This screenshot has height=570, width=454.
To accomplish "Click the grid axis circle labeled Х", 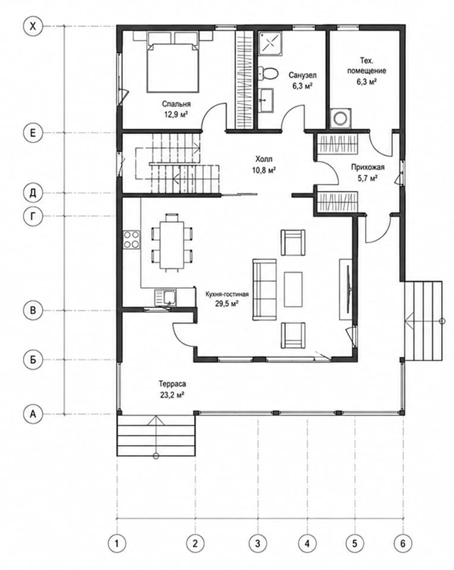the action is (33, 27).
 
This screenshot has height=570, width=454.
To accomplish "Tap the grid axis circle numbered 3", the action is (258, 543).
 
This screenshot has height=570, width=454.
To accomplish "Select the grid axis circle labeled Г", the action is (33, 217).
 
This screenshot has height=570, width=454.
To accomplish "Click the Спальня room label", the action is (176, 104).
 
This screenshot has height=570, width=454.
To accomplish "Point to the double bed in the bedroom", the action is (173, 62).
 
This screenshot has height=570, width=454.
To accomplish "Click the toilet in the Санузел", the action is (269, 73).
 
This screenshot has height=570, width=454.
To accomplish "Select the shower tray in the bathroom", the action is (270, 43).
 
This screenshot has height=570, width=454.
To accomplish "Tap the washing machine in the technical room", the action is (340, 118).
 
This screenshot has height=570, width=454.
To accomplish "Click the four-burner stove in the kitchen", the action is (131, 240).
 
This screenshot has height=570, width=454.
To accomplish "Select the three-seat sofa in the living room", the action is (264, 289).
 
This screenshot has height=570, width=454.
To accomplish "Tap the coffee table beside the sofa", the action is (293, 290).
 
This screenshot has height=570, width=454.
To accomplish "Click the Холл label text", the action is (264, 159).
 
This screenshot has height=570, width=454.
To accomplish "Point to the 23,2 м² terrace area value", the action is (172, 395).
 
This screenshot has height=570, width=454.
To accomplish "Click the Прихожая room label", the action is (368, 167).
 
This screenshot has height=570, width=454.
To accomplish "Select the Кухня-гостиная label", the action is (227, 294).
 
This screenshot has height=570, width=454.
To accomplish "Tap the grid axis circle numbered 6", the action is (403, 543).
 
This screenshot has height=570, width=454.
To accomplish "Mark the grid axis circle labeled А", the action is (33, 414).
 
